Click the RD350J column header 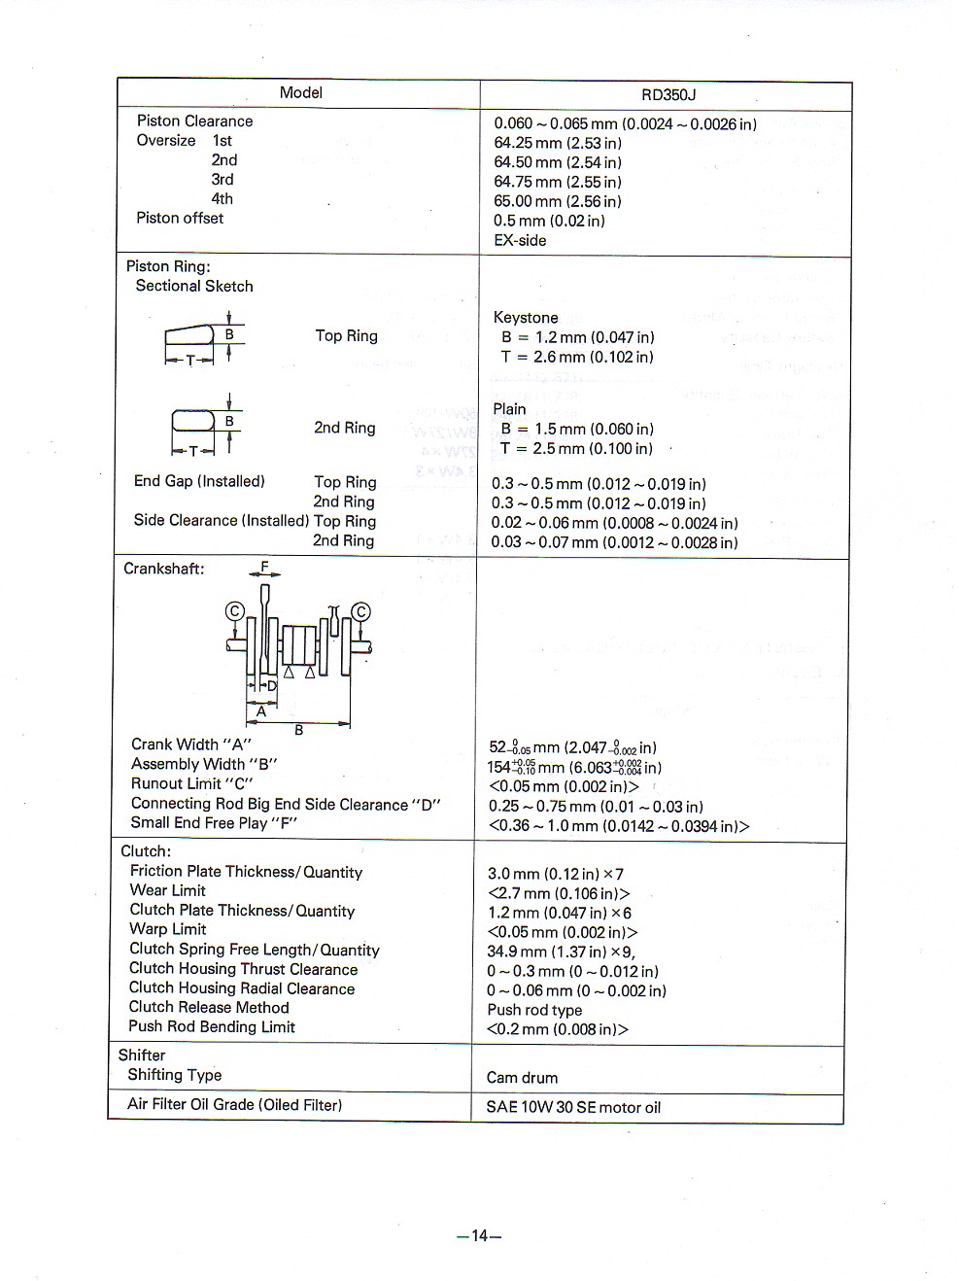click(x=668, y=95)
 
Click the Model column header click(x=300, y=93)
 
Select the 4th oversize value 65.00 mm click(x=557, y=201)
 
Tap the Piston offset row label click(x=180, y=218)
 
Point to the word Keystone click(x=526, y=318)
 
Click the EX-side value click(x=520, y=240)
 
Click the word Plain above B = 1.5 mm click(x=509, y=409)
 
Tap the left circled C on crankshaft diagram click(x=234, y=611)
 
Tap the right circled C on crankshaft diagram click(x=360, y=611)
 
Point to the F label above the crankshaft click(x=264, y=568)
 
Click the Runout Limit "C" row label click(x=191, y=783)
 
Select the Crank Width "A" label click(x=190, y=744)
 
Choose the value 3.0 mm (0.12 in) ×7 click(x=555, y=874)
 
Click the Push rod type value click(x=534, y=1010)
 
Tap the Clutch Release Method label click(x=209, y=1007)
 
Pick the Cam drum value click(x=522, y=1077)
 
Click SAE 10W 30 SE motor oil click(x=573, y=1107)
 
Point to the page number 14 click(x=479, y=1236)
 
